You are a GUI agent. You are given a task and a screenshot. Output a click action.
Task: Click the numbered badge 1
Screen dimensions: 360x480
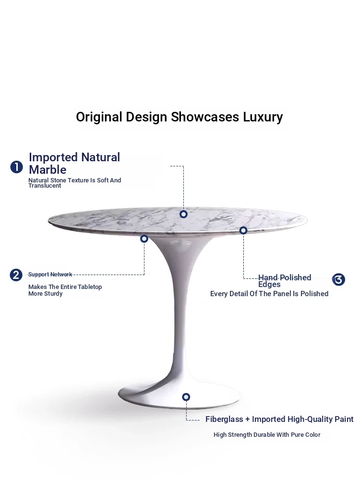tap(16, 167)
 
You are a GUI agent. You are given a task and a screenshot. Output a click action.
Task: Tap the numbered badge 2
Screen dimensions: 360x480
tap(16, 275)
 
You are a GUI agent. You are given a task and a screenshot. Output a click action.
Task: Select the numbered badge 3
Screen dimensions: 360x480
tap(338, 279)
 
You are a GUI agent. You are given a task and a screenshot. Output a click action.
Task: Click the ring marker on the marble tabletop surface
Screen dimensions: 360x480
tap(183, 214)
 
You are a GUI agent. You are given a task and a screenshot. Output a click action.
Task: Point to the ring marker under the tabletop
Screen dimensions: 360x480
tap(144, 239)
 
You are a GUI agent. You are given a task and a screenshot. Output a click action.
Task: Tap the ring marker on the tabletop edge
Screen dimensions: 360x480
tap(243, 230)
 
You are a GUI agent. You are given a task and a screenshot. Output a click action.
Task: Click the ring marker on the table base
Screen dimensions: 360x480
tap(186, 397)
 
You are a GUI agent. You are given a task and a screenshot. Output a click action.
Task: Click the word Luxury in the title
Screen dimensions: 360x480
tap(263, 117)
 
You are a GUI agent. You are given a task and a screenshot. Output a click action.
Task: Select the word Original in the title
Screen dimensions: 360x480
tap(99, 117)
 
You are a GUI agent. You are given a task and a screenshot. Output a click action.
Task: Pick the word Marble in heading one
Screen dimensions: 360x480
tap(48, 169)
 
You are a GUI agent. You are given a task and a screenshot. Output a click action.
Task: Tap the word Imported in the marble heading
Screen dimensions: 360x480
tap(53, 157)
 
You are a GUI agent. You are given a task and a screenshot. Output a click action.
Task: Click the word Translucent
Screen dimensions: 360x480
tap(45, 185)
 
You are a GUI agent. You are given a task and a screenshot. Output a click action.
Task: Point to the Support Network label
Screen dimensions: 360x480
tap(50, 274)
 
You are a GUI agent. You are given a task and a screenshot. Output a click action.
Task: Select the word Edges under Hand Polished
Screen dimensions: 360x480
tap(269, 285)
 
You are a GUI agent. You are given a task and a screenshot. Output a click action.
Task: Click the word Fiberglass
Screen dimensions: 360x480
tap(224, 419)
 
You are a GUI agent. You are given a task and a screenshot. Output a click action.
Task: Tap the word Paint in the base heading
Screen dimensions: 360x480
tap(344, 419)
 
